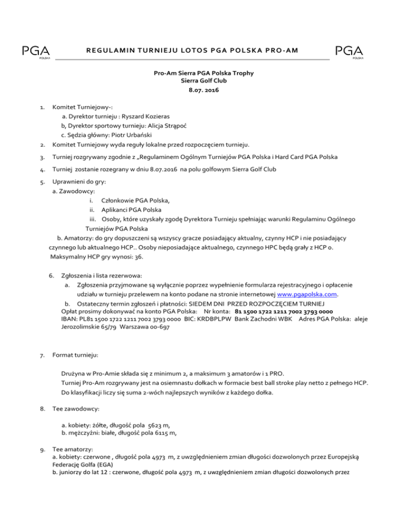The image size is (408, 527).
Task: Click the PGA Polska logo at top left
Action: point(36,52)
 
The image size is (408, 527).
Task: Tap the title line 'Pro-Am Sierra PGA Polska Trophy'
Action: point(204,73)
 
